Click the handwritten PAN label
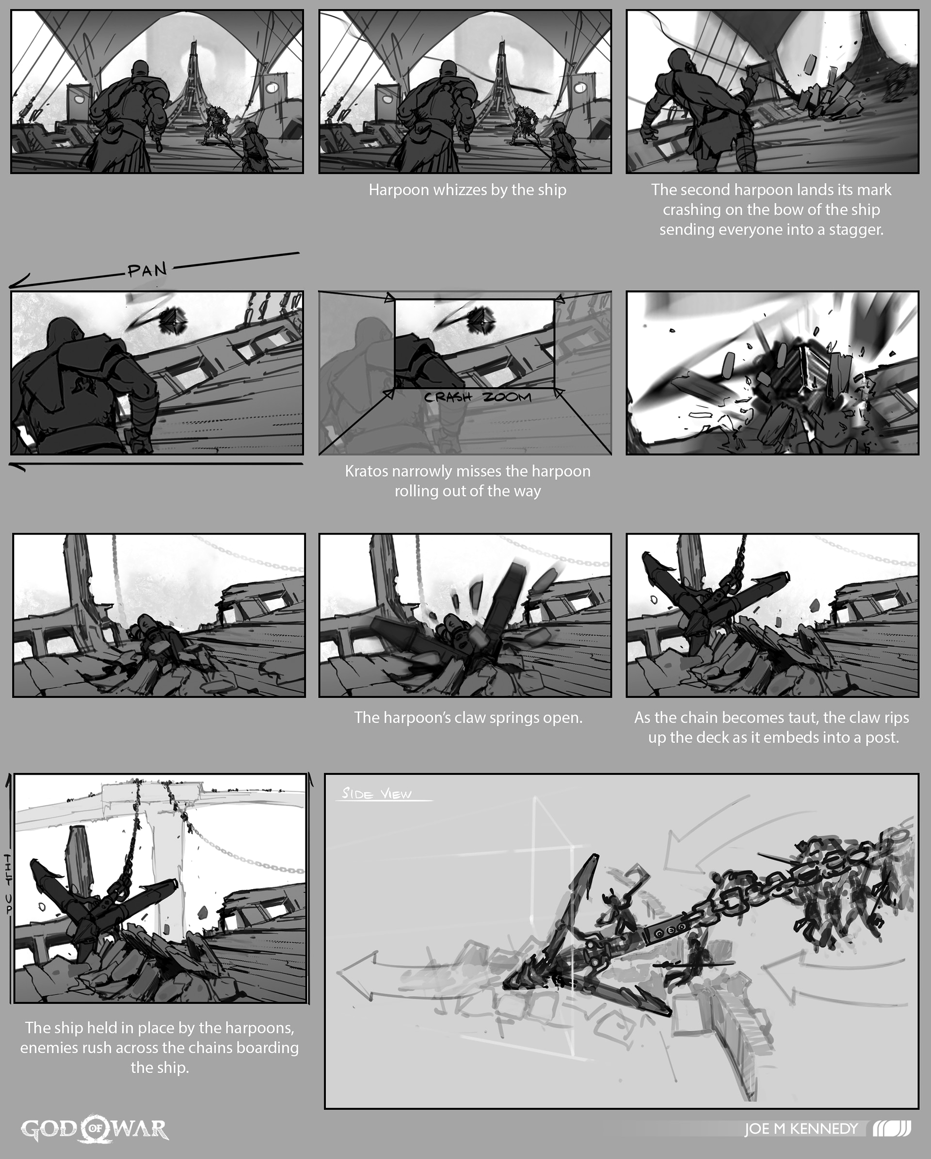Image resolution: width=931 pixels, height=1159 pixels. click(x=147, y=269)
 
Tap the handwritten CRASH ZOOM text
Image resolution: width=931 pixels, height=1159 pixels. click(x=478, y=398)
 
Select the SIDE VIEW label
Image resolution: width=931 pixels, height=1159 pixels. click(x=376, y=794)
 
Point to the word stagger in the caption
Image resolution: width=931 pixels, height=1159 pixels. click(x=856, y=231)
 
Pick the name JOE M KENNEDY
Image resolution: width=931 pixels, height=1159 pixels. click(x=801, y=1129)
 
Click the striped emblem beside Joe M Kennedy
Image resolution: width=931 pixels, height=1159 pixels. click(x=891, y=1128)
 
